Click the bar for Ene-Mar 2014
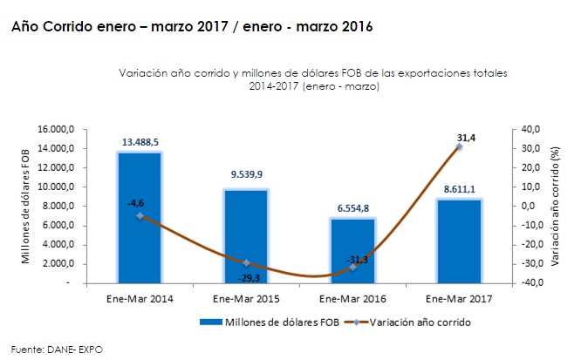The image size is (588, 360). pos(140,218)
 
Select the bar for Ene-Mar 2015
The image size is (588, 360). pos(247,235)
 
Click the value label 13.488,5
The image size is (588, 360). pos(140,140)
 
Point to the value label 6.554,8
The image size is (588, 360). pos(353,207)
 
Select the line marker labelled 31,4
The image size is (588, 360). pos(460,147)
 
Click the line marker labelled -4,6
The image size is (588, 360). pos(140,216)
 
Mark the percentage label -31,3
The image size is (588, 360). pos(353,259)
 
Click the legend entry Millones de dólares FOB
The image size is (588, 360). pos(266,322)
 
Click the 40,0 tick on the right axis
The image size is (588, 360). pos(530,129)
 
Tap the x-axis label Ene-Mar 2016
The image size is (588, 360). pos(353,299)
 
